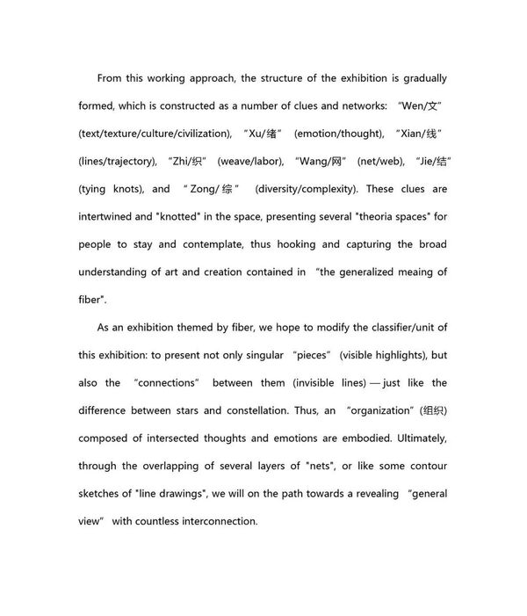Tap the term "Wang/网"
(x=316, y=161)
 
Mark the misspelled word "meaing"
(x=409, y=272)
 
